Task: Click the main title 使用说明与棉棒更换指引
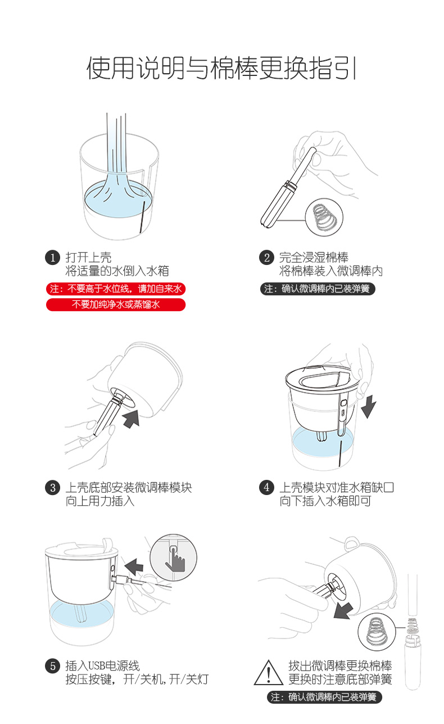[x=221, y=68]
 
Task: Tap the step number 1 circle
[x=53, y=258]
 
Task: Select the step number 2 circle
[x=267, y=258]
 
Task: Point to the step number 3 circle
[x=53, y=487]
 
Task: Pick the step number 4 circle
[x=267, y=487]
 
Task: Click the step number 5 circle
[x=53, y=666]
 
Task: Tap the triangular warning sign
[x=269, y=673]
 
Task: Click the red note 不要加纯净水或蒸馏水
[x=116, y=304]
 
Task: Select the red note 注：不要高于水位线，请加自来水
[x=116, y=289]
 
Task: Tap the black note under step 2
[x=318, y=289]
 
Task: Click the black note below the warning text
[x=324, y=697]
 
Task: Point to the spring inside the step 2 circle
[x=324, y=217]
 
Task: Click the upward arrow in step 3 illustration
[x=131, y=419]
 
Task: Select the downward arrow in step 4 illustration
[x=369, y=406]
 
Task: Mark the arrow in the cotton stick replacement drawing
[x=343, y=611]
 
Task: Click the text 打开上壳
[x=88, y=258]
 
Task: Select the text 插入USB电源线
[x=103, y=666]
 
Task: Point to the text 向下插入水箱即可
[x=325, y=501]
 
